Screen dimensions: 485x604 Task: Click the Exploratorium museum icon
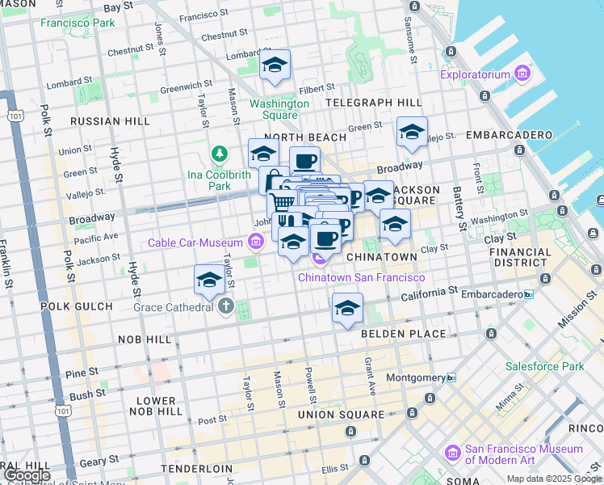point(522,75)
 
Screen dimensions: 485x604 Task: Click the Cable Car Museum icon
point(256,242)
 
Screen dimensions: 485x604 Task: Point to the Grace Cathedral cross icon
point(225,307)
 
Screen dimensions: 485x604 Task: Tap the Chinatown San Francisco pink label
point(361,277)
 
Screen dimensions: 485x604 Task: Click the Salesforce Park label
point(544,366)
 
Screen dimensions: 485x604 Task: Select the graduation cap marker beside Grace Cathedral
point(210,280)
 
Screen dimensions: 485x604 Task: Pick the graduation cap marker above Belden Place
point(347,308)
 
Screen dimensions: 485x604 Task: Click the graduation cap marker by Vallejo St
point(412,132)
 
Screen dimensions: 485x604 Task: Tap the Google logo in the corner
point(27,475)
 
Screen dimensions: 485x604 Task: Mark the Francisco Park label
point(78,23)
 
